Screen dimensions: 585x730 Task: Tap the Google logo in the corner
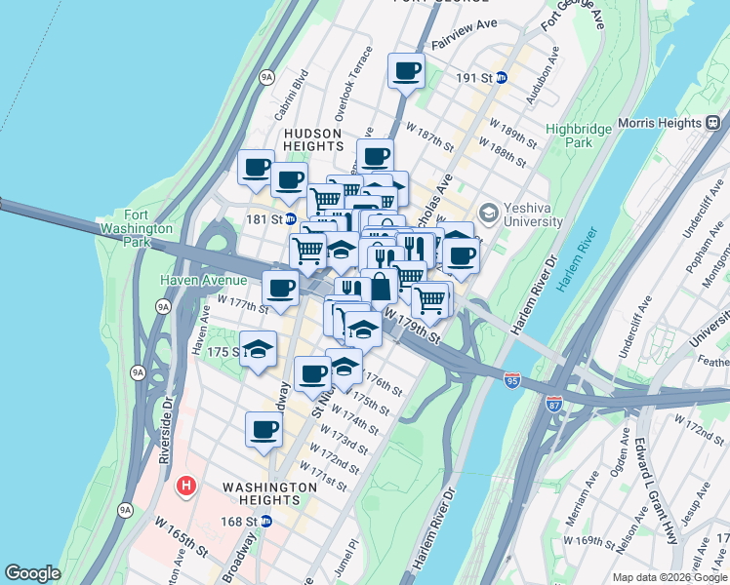pyautogui.click(x=32, y=573)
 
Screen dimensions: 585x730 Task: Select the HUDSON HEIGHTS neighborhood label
pyautogui.click(x=312, y=139)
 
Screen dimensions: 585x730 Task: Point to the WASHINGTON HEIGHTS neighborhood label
pyautogui.click(x=269, y=487)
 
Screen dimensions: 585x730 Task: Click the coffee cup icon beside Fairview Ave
pyautogui.click(x=406, y=69)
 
